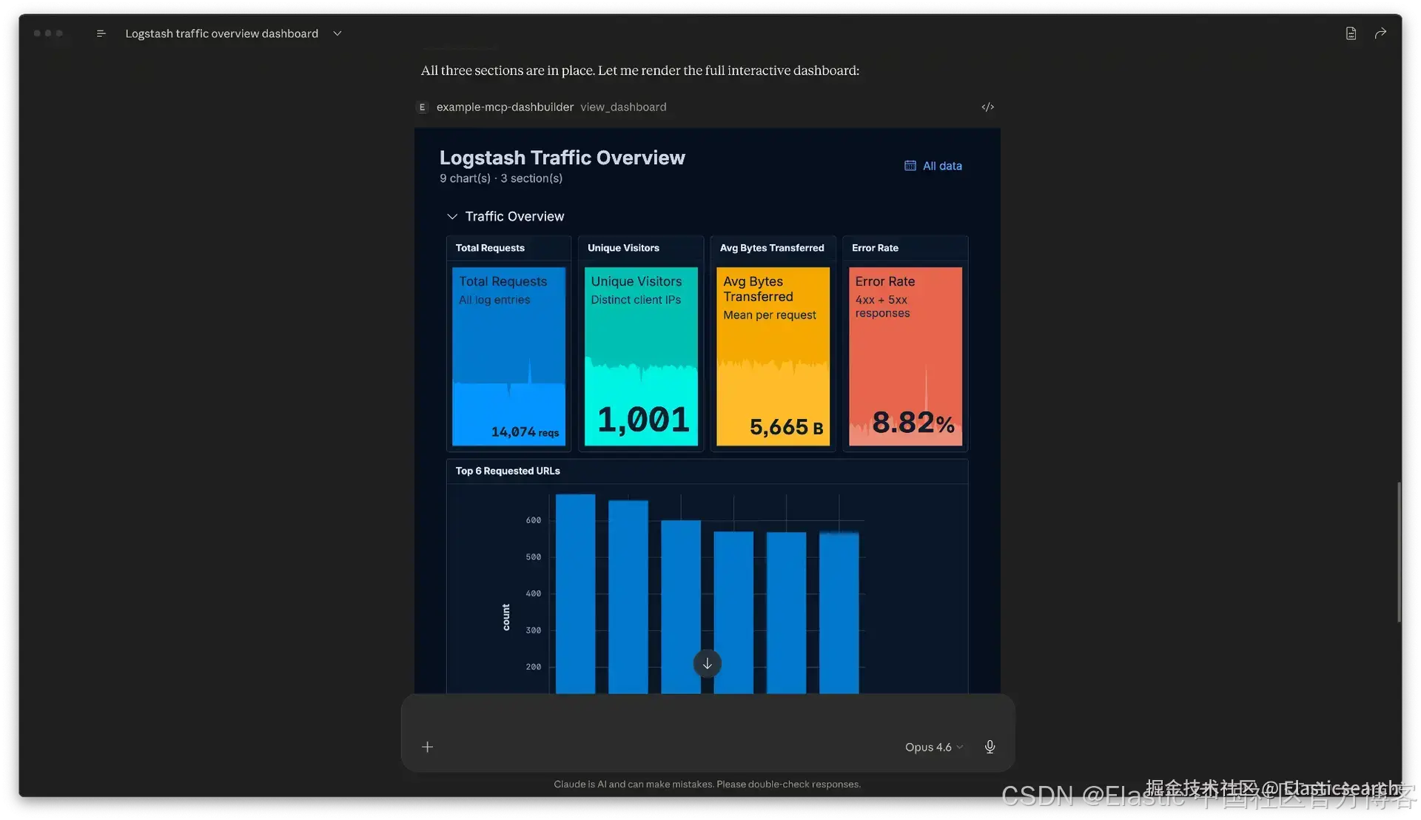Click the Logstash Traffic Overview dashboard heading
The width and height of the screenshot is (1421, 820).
click(562, 158)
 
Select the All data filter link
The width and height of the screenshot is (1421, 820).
click(933, 166)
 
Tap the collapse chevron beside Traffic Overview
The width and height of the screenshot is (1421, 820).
click(452, 217)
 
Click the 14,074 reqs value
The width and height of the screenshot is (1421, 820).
click(524, 431)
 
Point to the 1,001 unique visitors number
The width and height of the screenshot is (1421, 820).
click(642, 420)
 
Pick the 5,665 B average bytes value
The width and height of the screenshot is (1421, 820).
click(785, 427)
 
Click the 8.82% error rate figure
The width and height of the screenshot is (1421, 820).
click(913, 423)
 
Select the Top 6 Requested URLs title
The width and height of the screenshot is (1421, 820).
click(508, 471)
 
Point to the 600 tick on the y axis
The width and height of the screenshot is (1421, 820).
click(533, 520)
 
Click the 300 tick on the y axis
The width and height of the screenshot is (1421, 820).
click(533, 631)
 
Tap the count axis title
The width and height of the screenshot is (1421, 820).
click(506, 617)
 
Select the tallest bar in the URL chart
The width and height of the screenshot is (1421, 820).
click(575, 592)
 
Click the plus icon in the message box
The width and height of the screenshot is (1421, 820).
click(427, 747)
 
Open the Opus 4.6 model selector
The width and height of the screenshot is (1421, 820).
click(933, 747)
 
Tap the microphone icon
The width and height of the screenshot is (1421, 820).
click(990, 747)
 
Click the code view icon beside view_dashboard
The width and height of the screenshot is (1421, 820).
click(987, 107)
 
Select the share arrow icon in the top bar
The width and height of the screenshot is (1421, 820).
click(1380, 33)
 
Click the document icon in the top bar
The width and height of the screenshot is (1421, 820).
click(1351, 33)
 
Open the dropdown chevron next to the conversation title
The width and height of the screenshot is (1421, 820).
click(337, 33)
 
